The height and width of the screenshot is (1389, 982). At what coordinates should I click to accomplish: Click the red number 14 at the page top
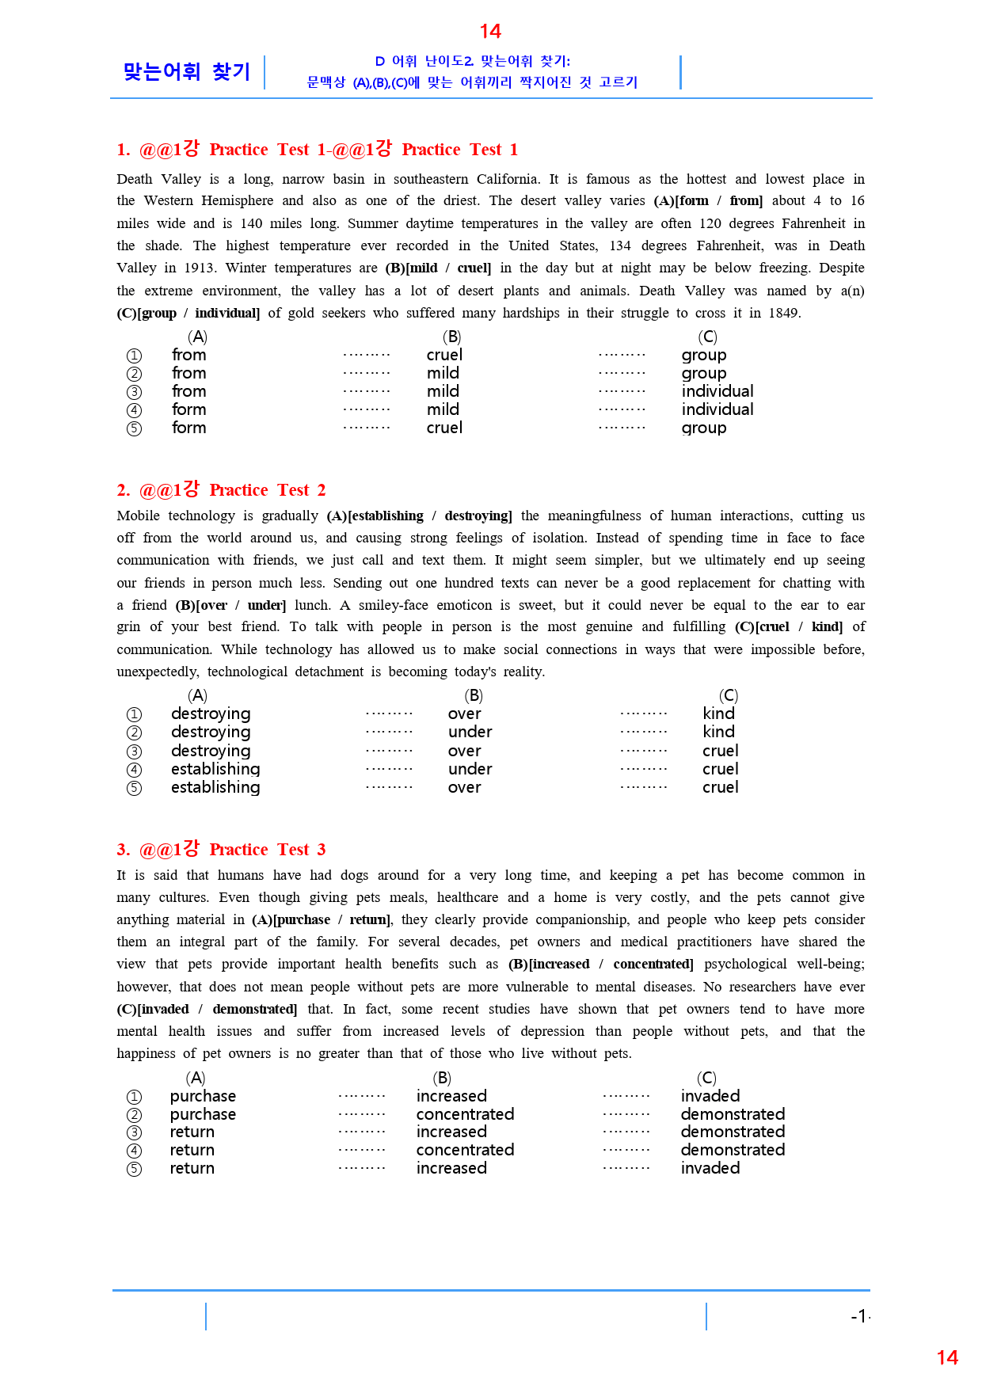click(x=490, y=32)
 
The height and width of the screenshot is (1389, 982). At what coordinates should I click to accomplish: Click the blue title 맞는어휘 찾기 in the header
click(x=187, y=72)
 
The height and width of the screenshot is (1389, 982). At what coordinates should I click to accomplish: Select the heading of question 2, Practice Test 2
click(x=221, y=489)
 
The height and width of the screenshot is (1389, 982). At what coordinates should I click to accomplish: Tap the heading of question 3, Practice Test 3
click(x=221, y=849)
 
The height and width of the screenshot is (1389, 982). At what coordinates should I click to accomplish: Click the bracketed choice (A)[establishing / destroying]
click(x=419, y=516)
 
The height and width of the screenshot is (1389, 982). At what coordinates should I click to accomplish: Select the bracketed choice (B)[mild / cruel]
click(x=438, y=268)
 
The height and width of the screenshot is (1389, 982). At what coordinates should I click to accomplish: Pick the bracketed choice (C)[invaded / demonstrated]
click(x=207, y=1009)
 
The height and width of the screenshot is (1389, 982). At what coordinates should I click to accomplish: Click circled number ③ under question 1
click(x=135, y=392)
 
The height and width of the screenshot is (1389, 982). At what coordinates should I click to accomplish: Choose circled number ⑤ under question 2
click(x=135, y=788)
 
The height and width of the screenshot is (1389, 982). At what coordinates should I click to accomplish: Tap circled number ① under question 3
click(x=135, y=1097)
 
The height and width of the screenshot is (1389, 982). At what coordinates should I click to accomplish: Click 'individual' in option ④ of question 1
click(x=717, y=409)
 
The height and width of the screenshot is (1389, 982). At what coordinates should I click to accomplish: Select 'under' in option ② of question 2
click(x=470, y=732)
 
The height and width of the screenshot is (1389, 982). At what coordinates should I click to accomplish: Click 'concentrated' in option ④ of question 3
click(x=465, y=1150)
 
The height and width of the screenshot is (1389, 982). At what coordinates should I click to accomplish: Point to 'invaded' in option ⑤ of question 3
click(x=710, y=1168)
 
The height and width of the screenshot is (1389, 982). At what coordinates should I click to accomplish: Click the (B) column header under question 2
click(x=474, y=695)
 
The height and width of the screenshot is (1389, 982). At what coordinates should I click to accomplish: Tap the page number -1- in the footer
click(x=860, y=1316)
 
